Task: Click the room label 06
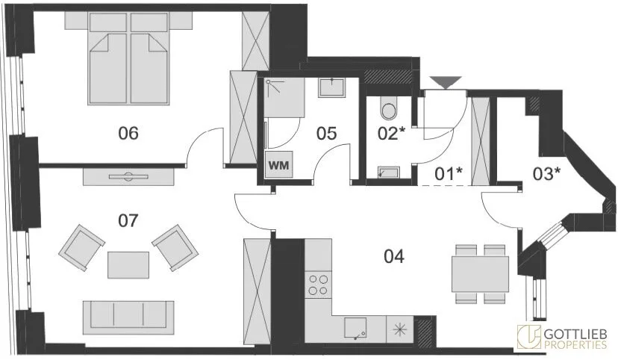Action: coord(128,133)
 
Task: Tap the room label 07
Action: coord(128,220)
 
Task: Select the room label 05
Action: coord(327,134)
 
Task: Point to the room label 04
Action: coord(394,257)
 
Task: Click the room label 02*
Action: coord(391,133)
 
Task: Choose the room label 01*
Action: coord(448,173)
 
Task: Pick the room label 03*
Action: coord(546,173)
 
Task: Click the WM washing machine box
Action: coord(278,164)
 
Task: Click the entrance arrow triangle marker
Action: coord(446,82)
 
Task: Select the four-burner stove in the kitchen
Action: coord(319,285)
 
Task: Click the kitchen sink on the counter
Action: coord(356,329)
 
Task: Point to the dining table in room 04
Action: coord(481,274)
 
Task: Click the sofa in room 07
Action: coord(128,318)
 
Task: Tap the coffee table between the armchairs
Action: coord(128,265)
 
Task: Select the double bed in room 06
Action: coord(129,59)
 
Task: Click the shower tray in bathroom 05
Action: coord(284,97)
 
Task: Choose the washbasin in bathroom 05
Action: coord(332,87)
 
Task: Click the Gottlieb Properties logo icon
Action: coord(529,337)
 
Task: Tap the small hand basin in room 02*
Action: coord(389,173)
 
